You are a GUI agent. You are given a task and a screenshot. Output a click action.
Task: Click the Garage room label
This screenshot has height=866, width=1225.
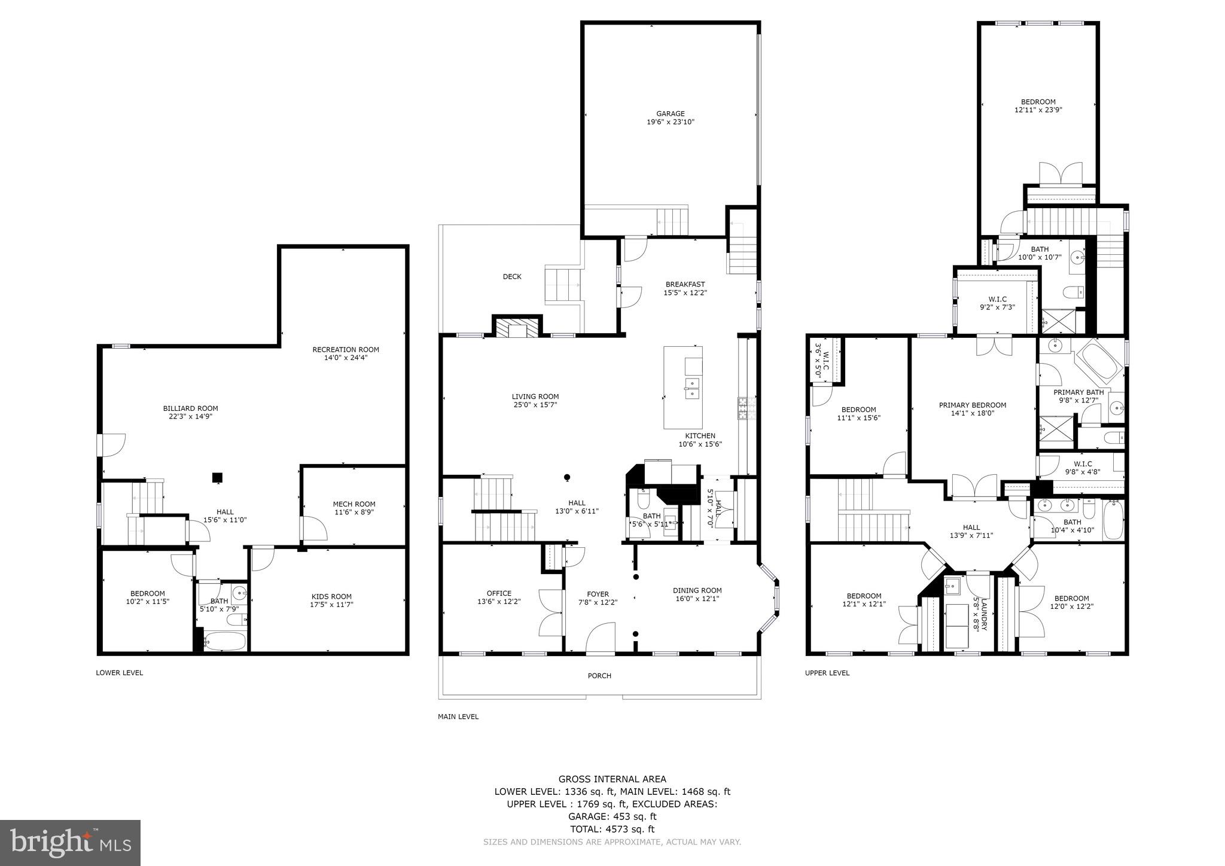point(670,114)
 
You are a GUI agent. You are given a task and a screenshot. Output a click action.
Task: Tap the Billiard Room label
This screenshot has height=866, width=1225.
point(190,408)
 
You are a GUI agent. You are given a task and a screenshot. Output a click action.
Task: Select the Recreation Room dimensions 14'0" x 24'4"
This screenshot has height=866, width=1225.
point(345,358)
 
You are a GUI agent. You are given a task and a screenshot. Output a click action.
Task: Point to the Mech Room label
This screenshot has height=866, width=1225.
point(354,504)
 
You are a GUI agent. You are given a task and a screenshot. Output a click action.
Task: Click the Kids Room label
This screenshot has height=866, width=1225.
point(331,596)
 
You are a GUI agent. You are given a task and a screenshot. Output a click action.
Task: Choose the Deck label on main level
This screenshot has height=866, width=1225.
point(511,276)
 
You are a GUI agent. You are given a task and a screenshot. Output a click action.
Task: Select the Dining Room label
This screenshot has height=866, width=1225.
point(697,590)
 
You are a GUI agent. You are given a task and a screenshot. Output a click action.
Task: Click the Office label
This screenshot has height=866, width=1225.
point(499,593)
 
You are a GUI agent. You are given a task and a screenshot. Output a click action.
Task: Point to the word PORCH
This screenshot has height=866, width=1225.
point(599,676)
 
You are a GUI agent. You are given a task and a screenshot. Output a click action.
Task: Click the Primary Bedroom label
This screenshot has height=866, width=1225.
point(972,405)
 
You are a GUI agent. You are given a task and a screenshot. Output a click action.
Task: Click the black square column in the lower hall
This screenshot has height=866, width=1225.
point(218,477)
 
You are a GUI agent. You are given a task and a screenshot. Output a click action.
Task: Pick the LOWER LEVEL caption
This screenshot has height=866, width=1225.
point(120,673)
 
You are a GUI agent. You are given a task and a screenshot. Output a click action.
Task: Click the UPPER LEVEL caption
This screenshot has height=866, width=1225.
point(827,673)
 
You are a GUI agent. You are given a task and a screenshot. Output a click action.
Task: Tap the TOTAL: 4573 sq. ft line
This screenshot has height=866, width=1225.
point(612,829)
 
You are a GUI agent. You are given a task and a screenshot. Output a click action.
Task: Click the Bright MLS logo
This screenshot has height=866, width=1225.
point(70,843)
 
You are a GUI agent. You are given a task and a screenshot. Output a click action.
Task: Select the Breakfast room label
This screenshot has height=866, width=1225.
point(685,285)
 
